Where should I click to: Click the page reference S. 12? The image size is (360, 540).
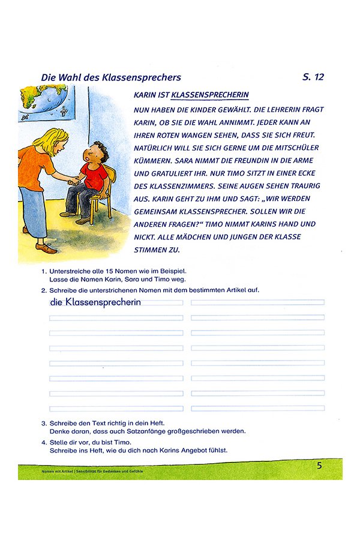[313, 77]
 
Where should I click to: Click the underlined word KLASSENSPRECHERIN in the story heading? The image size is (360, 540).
[209, 95]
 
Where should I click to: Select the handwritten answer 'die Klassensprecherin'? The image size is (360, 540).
[96, 302]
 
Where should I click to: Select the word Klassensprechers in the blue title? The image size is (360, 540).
[143, 77]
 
